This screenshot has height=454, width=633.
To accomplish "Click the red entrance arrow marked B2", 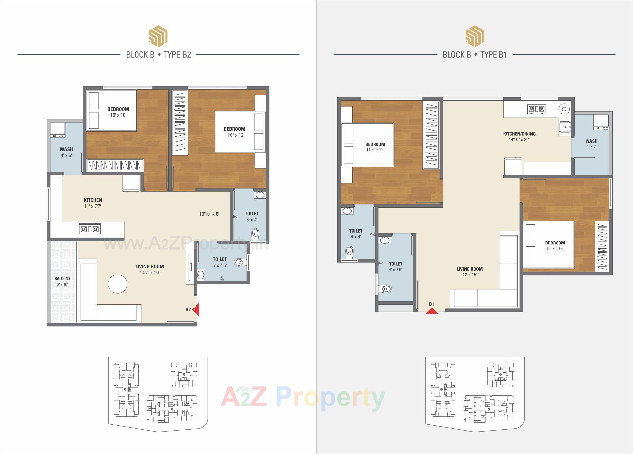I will pos(196,310).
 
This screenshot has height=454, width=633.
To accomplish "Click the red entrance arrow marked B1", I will pos(432,311).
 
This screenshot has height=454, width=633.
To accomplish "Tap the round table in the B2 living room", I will pos(118,284).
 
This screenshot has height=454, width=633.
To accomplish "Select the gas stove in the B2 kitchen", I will pos(90,229).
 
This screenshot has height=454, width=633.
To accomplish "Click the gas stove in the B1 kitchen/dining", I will pos(537,109).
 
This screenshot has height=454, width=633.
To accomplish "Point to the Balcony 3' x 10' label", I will pos(62,281).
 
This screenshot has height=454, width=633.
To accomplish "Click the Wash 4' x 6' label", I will pos(66,152).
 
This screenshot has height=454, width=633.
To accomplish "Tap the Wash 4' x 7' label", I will pos(591,144).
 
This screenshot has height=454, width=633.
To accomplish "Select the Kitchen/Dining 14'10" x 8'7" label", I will pos(519,137).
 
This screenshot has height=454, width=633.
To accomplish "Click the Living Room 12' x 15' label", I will pos(469,272).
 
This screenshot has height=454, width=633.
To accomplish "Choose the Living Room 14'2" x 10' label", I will pos(149,269).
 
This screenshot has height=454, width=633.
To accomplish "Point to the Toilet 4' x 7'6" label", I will pos(396,266).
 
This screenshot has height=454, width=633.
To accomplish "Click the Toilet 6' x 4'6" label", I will pos(220,262).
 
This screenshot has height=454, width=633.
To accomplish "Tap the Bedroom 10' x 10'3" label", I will pos(555,245).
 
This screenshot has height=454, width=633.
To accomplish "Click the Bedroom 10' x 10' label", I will pos(118,112).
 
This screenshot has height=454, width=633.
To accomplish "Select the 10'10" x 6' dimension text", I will pos(209,214).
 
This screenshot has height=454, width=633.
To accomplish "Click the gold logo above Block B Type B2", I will pos(158,36).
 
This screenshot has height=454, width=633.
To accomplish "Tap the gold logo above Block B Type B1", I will pos(475,36).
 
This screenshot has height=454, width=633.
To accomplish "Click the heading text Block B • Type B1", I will pos(475,55).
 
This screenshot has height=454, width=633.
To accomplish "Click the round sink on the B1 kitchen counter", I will pos(564,109).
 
